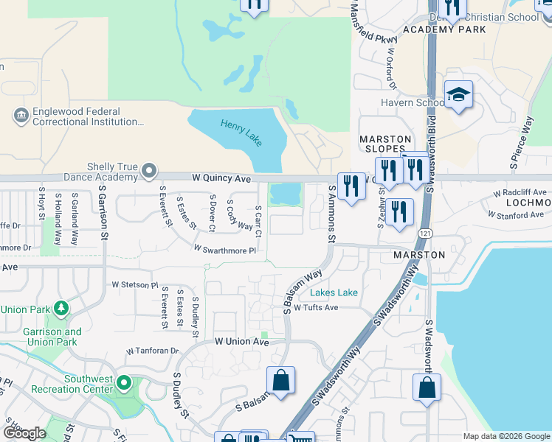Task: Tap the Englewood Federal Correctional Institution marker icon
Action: click(20, 116)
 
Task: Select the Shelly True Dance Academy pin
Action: click(149, 172)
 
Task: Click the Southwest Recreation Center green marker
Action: click(124, 383)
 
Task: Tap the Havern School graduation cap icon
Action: click(458, 95)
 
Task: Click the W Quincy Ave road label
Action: click(221, 178)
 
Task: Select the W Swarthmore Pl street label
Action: click(225, 250)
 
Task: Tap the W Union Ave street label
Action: click(242, 342)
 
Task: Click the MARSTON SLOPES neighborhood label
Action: click(384, 144)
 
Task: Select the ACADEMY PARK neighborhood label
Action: click(444, 29)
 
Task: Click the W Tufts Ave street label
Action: click(315, 308)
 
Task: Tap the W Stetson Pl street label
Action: click(134, 284)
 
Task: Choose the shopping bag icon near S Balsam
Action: click(280, 381)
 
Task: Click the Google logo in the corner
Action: click(24, 433)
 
